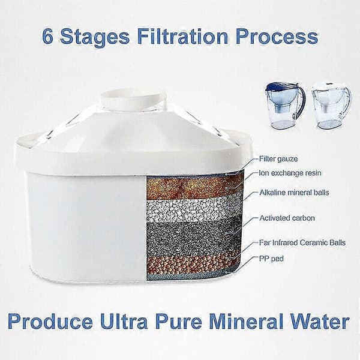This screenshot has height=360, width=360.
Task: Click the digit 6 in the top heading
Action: point(48,36)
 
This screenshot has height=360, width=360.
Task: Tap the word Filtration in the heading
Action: point(183,36)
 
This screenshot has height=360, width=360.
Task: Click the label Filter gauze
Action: point(278,158)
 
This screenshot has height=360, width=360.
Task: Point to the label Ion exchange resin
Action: point(290,173)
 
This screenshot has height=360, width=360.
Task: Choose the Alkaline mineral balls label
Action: point(294,192)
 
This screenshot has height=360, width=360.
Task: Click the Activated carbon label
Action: point(287,218)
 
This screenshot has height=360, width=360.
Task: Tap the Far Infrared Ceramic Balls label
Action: point(302,242)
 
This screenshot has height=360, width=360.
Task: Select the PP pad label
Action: point(271,259)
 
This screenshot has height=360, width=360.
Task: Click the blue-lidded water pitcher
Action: point(285,106)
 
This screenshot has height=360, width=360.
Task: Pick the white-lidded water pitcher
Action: point(332,107)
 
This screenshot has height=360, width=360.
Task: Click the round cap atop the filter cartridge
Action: point(134,99)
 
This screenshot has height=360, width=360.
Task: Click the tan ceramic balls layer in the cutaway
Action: point(192,264)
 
